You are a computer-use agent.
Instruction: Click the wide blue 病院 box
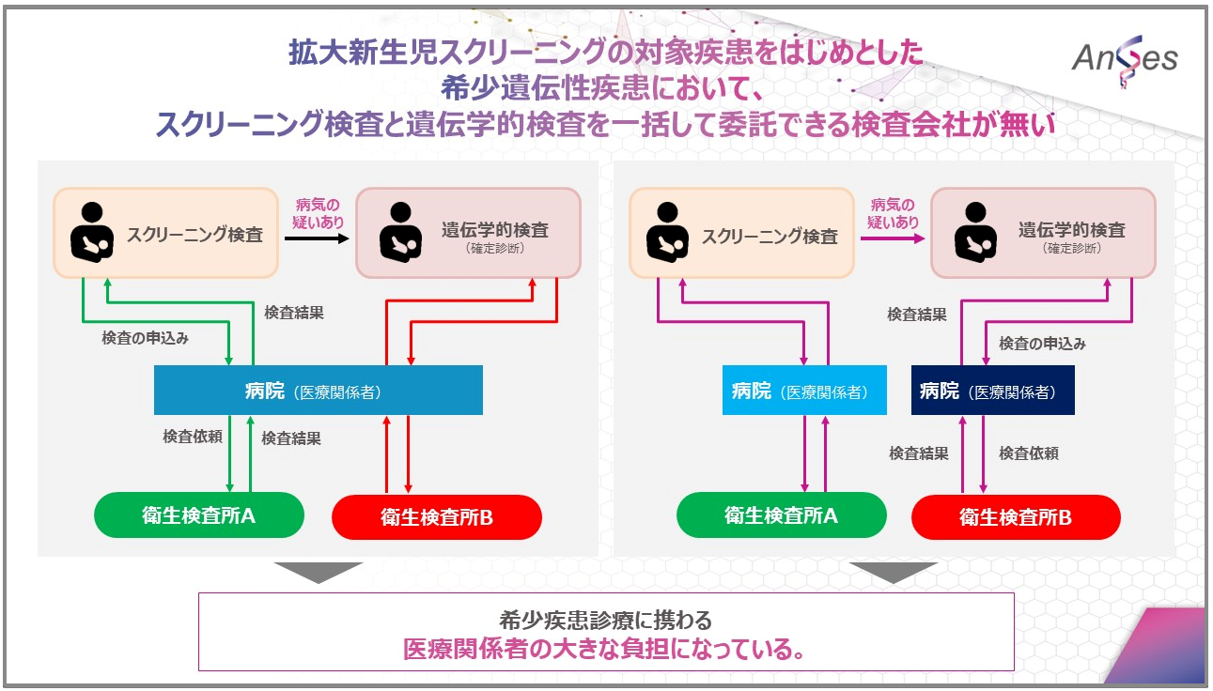[318, 391]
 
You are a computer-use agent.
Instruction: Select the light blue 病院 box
[804, 391]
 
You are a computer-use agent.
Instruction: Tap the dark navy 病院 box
[992, 391]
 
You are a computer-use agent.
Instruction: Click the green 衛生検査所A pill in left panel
[199, 515]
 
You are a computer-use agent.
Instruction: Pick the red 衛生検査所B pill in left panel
[437, 516]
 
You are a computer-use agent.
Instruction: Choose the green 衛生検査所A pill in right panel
[782, 515]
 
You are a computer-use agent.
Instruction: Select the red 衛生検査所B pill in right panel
[1016, 516]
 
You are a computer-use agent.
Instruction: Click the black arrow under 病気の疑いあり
[317, 238]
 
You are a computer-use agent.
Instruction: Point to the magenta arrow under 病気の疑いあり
[893, 238]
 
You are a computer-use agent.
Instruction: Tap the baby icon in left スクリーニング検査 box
[92, 232]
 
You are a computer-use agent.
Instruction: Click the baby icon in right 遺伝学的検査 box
[975, 232]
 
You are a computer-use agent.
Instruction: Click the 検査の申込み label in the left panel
[145, 338]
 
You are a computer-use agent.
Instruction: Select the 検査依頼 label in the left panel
[193, 437]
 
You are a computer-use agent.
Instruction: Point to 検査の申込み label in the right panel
[1042, 344]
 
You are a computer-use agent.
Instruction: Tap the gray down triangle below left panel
[318, 571]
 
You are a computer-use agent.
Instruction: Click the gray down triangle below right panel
[894, 571]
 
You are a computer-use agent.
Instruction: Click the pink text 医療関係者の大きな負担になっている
[604, 649]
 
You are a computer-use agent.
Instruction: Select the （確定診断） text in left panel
[494, 249]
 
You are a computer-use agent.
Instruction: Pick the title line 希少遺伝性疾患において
[601, 88]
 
